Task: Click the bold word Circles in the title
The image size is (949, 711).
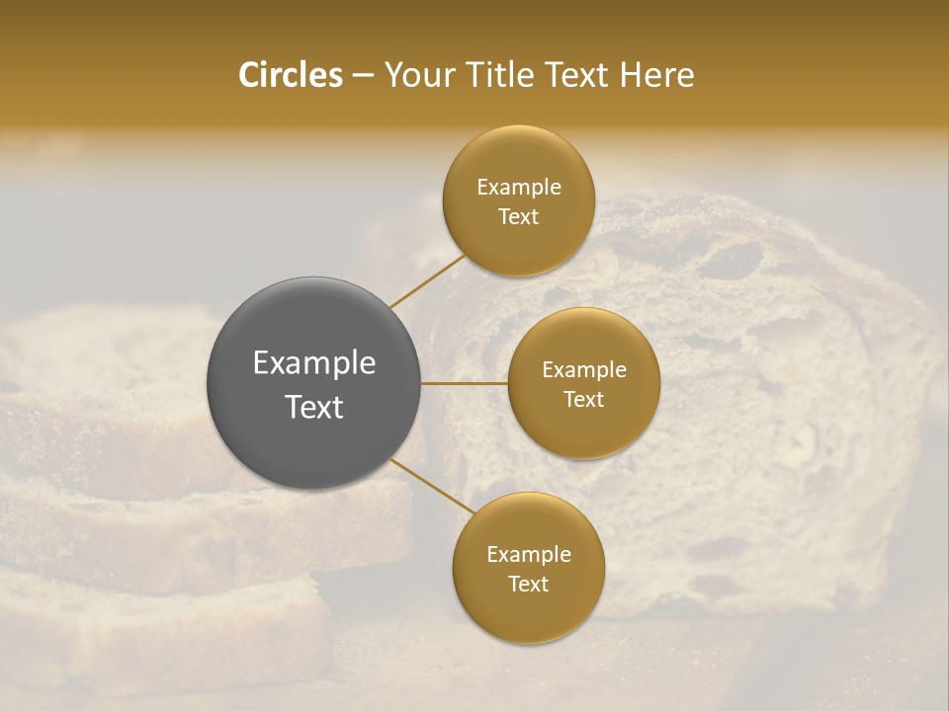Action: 290,75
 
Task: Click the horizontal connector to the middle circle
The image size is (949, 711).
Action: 465,383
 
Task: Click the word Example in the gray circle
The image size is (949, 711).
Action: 314,363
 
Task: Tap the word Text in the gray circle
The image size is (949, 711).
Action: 314,407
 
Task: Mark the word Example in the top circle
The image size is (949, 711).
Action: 518,188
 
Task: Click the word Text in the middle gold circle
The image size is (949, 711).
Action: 583,400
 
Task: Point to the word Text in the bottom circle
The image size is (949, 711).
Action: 528,585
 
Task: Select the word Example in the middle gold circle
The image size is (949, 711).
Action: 583,370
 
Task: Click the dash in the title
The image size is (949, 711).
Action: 363,76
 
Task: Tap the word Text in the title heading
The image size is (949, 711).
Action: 575,75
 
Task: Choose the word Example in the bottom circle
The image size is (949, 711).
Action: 528,555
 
